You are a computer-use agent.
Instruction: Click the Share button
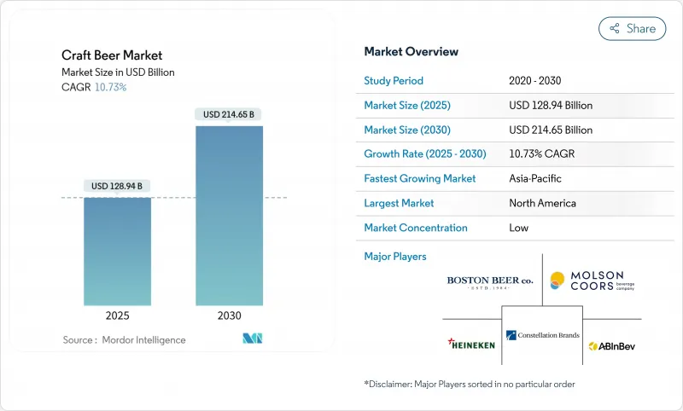tap(632, 28)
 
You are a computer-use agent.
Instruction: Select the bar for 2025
tap(118, 251)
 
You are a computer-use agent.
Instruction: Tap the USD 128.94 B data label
tap(118, 186)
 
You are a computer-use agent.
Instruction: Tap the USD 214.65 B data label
tap(229, 114)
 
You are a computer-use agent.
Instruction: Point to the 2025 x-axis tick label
tap(118, 315)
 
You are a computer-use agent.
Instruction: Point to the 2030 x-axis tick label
tap(229, 315)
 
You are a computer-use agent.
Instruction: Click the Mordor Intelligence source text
tap(124, 339)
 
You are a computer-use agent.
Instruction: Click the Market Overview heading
tap(412, 51)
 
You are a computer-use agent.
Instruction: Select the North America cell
tap(542, 203)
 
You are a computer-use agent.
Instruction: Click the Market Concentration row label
tap(416, 228)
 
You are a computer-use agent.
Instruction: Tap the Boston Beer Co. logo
tap(489, 281)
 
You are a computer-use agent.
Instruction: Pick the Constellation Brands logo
tap(541, 336)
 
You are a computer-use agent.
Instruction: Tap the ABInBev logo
tap(611, 345)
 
